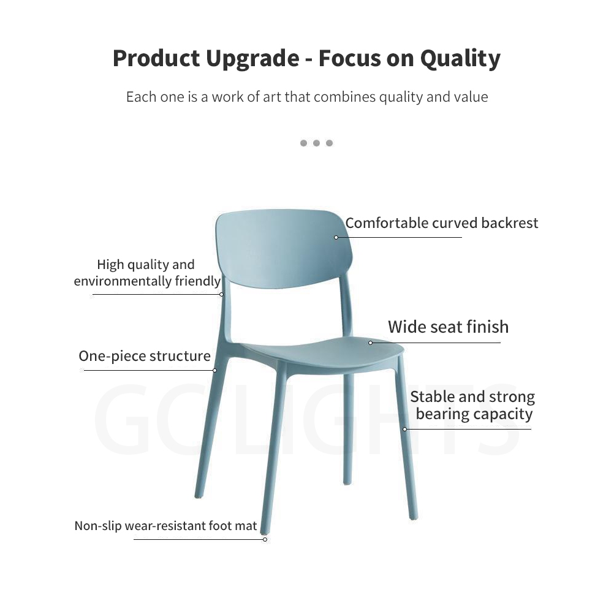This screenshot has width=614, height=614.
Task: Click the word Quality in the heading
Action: [x=460, y=59]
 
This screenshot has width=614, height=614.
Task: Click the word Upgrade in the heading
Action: [x=252, y=59]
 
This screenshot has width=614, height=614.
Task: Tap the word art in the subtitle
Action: [x=272, y=97]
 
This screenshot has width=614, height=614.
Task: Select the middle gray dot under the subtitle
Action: [x=316, y=143]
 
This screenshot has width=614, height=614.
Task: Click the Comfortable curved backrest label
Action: [x=442, y=223]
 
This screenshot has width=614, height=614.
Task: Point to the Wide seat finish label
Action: [x=449, y=327]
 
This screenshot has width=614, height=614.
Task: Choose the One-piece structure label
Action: [x=145, y=356]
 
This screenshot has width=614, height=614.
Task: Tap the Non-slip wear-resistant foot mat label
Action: [x=165, y=526]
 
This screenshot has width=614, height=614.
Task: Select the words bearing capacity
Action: [x=474, y=414]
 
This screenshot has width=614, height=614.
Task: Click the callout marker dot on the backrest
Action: [x=336, y=237]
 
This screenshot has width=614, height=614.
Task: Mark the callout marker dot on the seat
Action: [x=371, y=343]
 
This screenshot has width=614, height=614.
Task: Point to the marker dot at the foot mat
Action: [x=265, y=540]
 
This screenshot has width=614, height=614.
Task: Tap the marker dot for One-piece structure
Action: [x=214, y=371]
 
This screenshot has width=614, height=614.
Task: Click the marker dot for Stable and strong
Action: [x=405, y=429]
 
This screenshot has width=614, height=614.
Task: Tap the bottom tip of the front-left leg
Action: [x=265, y=533]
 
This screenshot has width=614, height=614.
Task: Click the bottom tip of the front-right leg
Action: [x=414, y=518]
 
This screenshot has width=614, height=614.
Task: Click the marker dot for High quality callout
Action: [x=222, y=295]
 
